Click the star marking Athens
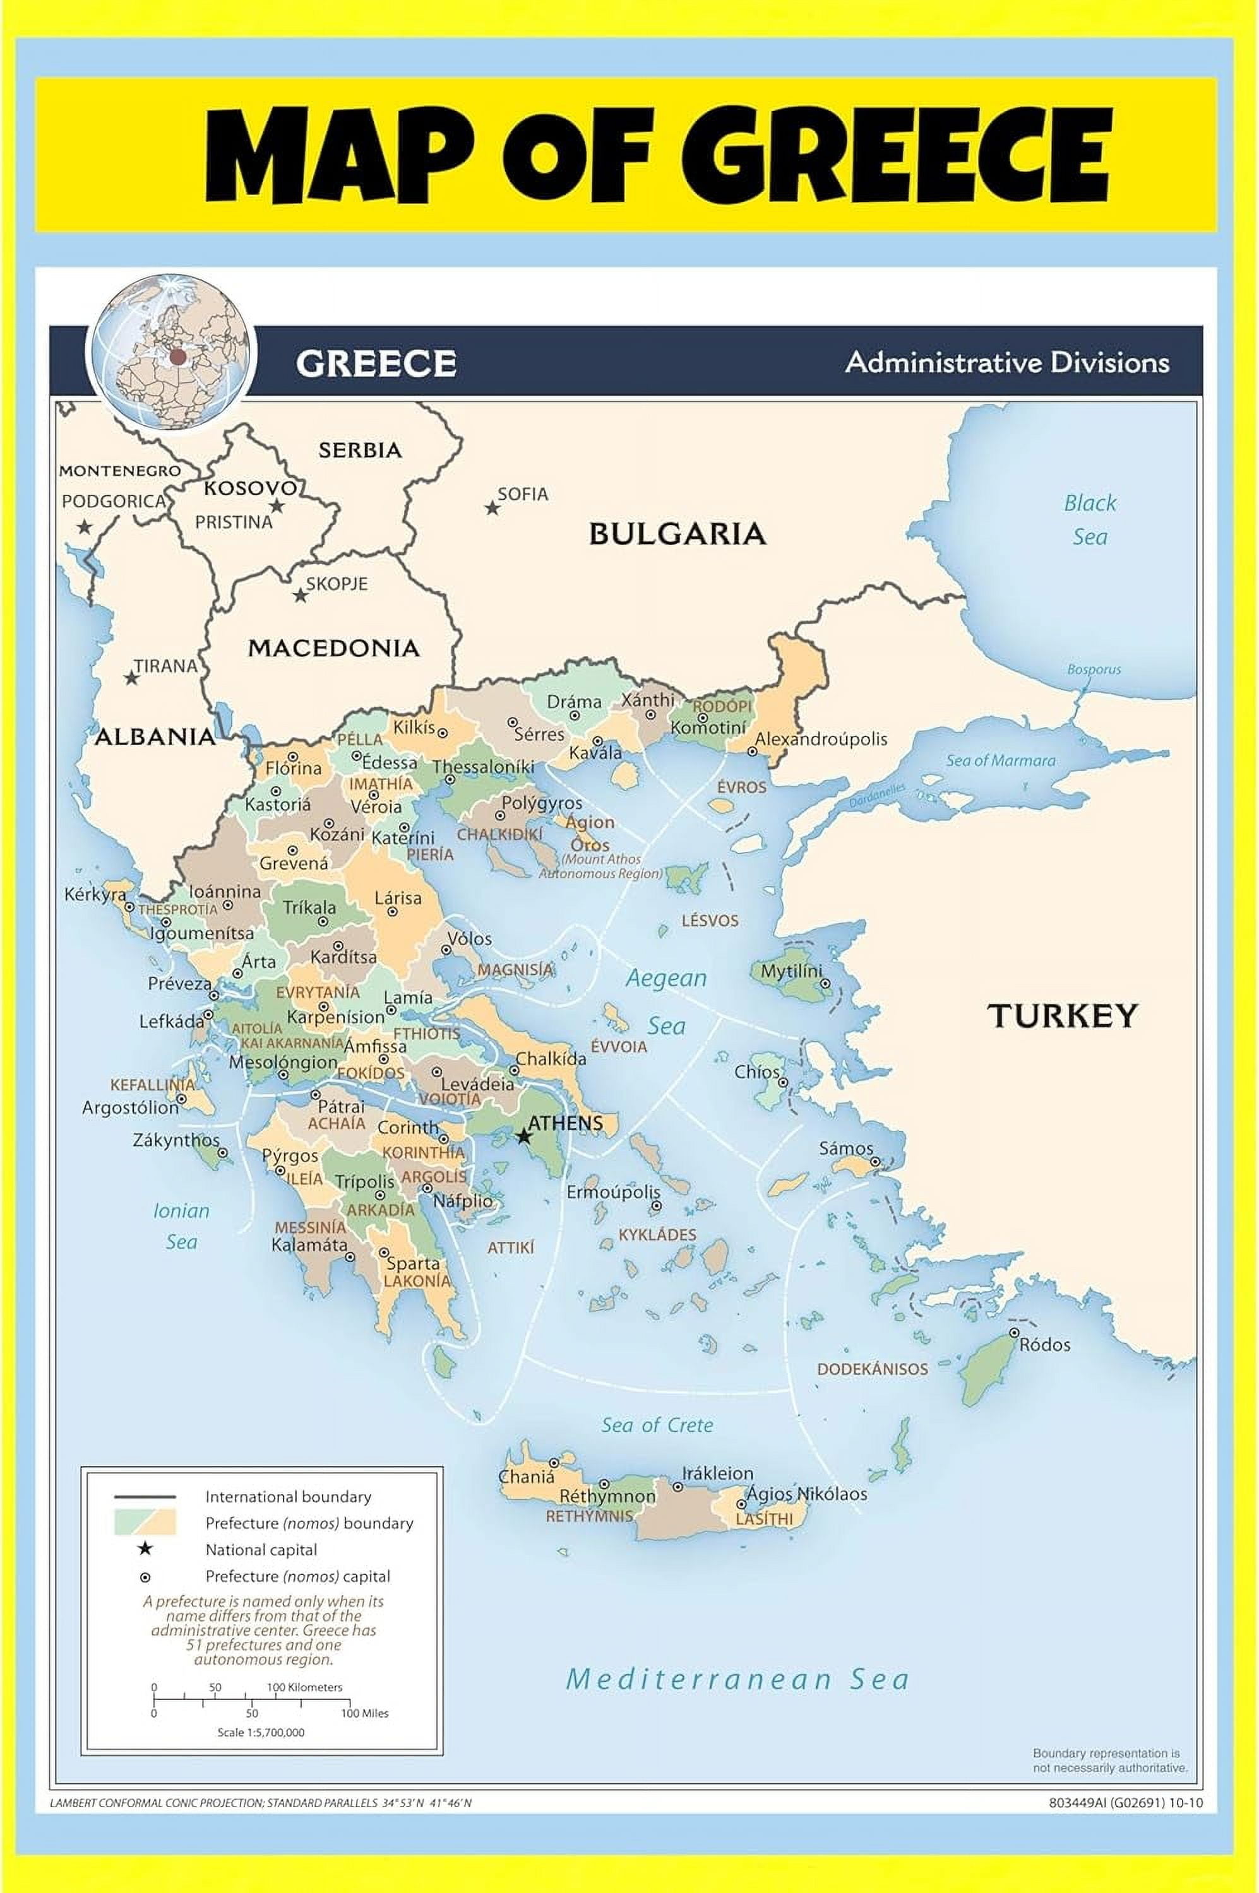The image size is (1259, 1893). (523, 1136)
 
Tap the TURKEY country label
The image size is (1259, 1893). (1061, 1016)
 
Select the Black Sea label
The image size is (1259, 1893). (1090, 520)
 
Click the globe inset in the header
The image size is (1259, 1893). (170, 353)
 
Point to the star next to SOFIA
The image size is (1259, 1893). (491, 508)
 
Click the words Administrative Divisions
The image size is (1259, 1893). (1007, 363)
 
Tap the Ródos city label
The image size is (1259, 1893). (1044, 1344)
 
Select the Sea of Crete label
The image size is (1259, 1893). (657, 1425)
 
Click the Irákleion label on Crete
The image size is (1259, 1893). (717, 1473)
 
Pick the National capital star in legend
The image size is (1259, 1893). (145, 1548)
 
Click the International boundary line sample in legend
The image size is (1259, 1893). (145, 1497)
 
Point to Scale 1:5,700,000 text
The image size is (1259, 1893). (261, 1731)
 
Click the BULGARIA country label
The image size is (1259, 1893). (677, 534)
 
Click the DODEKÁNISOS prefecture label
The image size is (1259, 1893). (872, 1369)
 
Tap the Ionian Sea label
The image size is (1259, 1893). (181, 1225)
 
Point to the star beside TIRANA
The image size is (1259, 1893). (131, 678)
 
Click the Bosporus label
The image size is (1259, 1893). (1094, 669)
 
